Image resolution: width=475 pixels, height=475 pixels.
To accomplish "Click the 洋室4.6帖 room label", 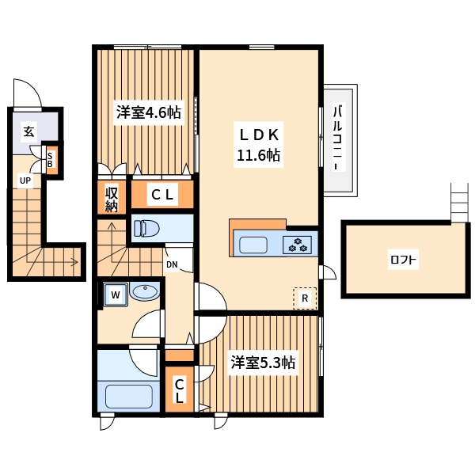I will click(x=149, y=113).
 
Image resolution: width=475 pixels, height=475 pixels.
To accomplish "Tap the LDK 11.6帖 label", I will click(x=258, y=143).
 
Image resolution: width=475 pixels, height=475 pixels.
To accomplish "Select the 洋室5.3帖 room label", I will click(x=263, y=363).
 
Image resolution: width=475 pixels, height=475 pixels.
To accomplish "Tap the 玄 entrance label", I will click(x=28, y=131).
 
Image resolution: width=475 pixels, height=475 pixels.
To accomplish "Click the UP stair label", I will click(x=25, y=180).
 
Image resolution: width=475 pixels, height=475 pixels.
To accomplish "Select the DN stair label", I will click(x=172, y=265).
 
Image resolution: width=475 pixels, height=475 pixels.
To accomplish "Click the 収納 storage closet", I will click(x=111, y=199).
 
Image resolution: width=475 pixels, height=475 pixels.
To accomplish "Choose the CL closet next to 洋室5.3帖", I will click(x=180, y=391).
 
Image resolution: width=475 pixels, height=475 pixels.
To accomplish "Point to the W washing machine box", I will click(x=115, y=295).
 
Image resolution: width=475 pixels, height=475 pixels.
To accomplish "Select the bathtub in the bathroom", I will click(x=128, y=395).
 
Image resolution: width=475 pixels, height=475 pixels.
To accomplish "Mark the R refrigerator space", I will click(x=305, y=298).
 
